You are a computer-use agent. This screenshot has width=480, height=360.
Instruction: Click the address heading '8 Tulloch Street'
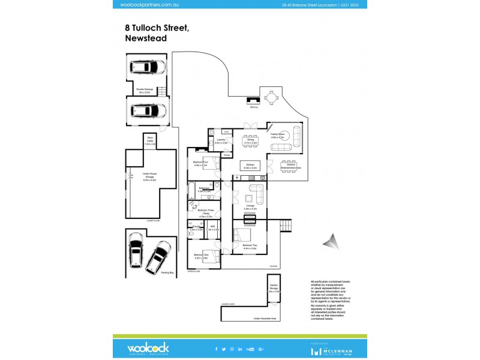pos(157,27)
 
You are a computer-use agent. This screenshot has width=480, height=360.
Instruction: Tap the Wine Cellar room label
pos(150,142)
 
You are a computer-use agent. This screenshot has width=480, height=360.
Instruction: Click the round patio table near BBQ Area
pos(271,97)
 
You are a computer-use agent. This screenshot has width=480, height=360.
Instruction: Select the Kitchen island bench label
pos(250,167)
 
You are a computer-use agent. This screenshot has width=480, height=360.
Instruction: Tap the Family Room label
pos(277,136)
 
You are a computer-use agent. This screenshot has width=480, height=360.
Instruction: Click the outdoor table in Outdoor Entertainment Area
pos(291,164)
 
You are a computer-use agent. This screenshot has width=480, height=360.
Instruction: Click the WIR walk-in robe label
pos(213,228)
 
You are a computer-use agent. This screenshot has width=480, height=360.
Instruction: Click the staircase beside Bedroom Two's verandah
pos(286,226)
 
